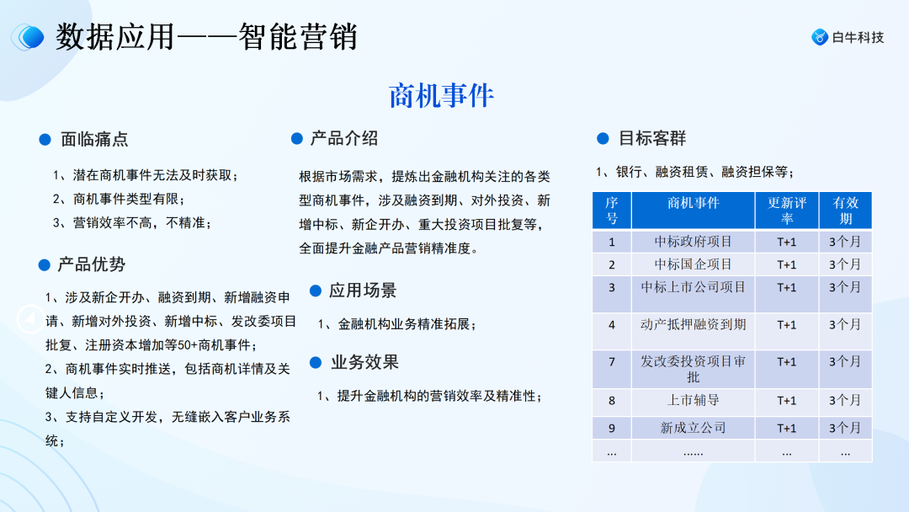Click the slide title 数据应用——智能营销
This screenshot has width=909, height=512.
pos(206,37)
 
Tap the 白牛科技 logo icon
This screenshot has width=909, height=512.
pos(819,37)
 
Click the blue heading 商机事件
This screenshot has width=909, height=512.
pos(441,96)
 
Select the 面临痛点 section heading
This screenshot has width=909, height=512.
pos(94,140)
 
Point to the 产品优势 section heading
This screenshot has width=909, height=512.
pos(91,264)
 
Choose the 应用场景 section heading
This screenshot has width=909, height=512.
pos(363,291)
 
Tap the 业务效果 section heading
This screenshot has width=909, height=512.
pos(364,362)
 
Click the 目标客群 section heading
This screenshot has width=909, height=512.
pos(652,138)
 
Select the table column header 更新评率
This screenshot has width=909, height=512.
pos(786,211)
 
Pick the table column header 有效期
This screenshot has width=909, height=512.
pos(845,211)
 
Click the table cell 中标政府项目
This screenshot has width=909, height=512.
pos(693,242)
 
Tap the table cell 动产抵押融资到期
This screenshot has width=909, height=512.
pos(693,324)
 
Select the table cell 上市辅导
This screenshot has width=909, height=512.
pos(693,401)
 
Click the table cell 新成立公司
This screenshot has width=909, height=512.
pos(693,428)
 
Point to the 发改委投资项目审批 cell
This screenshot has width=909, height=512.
pos(693,369)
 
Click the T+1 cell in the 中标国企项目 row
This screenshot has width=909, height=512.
pos(786,264)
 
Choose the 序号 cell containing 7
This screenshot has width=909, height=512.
pos(612,362)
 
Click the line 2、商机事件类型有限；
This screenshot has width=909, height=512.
pos(118,199)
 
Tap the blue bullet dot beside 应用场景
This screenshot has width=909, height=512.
pos(316,291)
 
